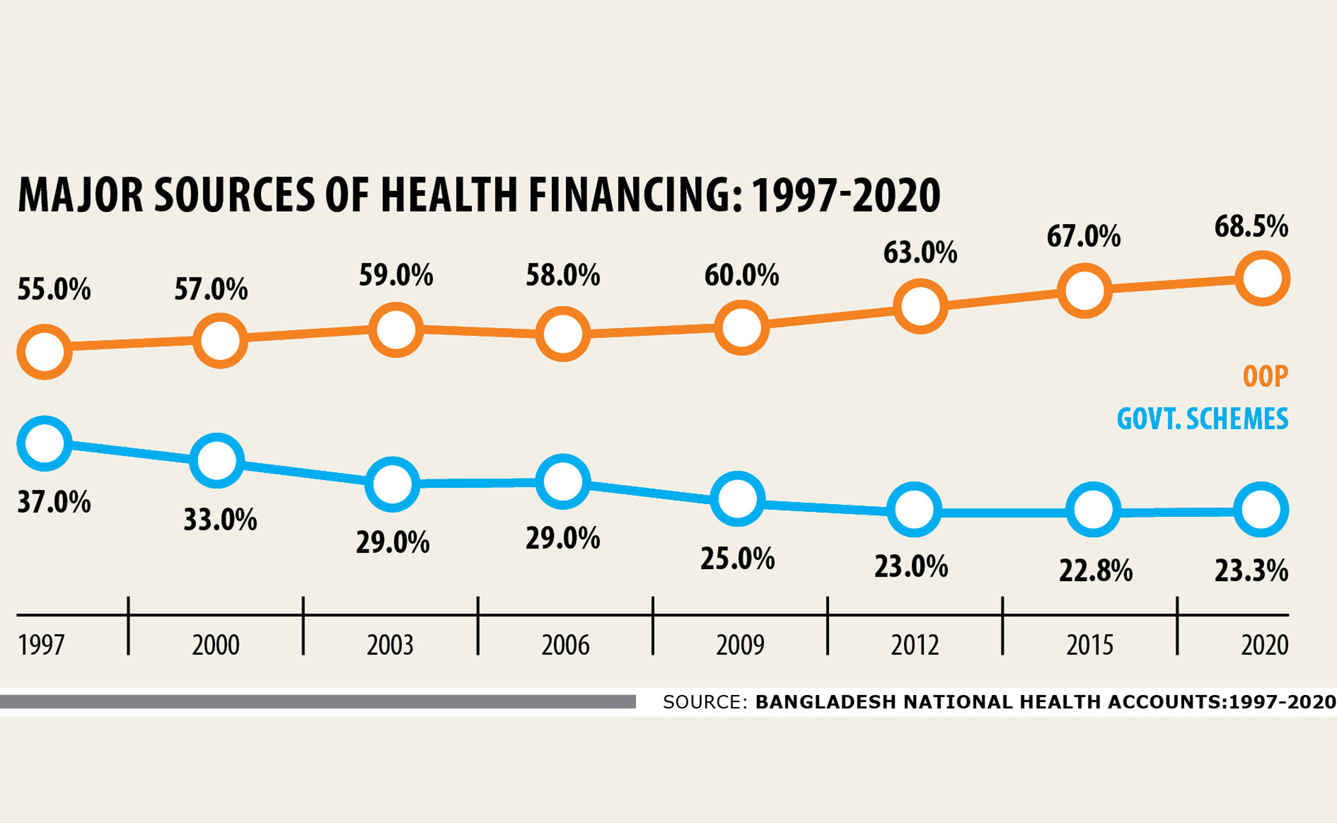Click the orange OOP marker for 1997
[44, 351]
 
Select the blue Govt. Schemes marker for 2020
[1261, 510]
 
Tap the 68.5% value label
[1250, 227]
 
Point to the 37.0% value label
[53, 502]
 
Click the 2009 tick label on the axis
[740, 645]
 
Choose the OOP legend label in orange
[1265, 376]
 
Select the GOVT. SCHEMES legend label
[1202, 419]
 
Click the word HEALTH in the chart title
[448, 195]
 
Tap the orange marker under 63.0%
[920, 306]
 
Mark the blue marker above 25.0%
[737, 498]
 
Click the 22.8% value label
[1096, 570]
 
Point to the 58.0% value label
[562, 276]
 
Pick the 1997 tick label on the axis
[41, 645]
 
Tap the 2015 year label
[1089, 645]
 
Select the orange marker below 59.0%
[395, 330]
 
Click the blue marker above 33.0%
[217, 460]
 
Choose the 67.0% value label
[1083, 236]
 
